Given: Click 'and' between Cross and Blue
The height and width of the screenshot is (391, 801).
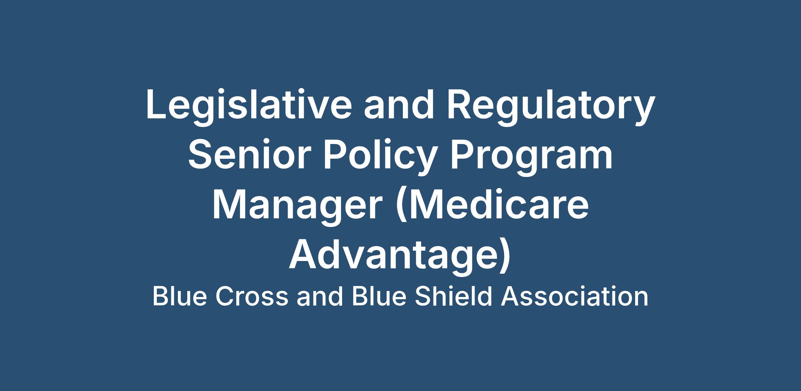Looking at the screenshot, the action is (320, 297).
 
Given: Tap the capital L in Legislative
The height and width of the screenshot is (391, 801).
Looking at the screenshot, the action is (157, 104).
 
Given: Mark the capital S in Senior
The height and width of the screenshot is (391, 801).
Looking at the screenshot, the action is (201, 155).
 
